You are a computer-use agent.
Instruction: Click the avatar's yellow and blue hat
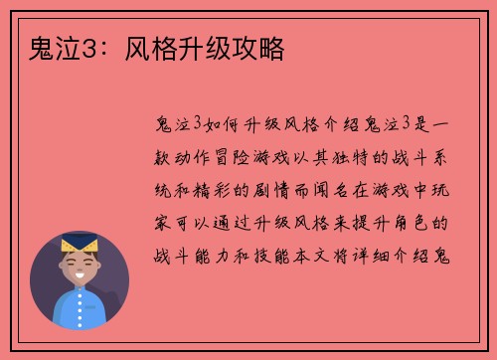click(80, 244)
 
